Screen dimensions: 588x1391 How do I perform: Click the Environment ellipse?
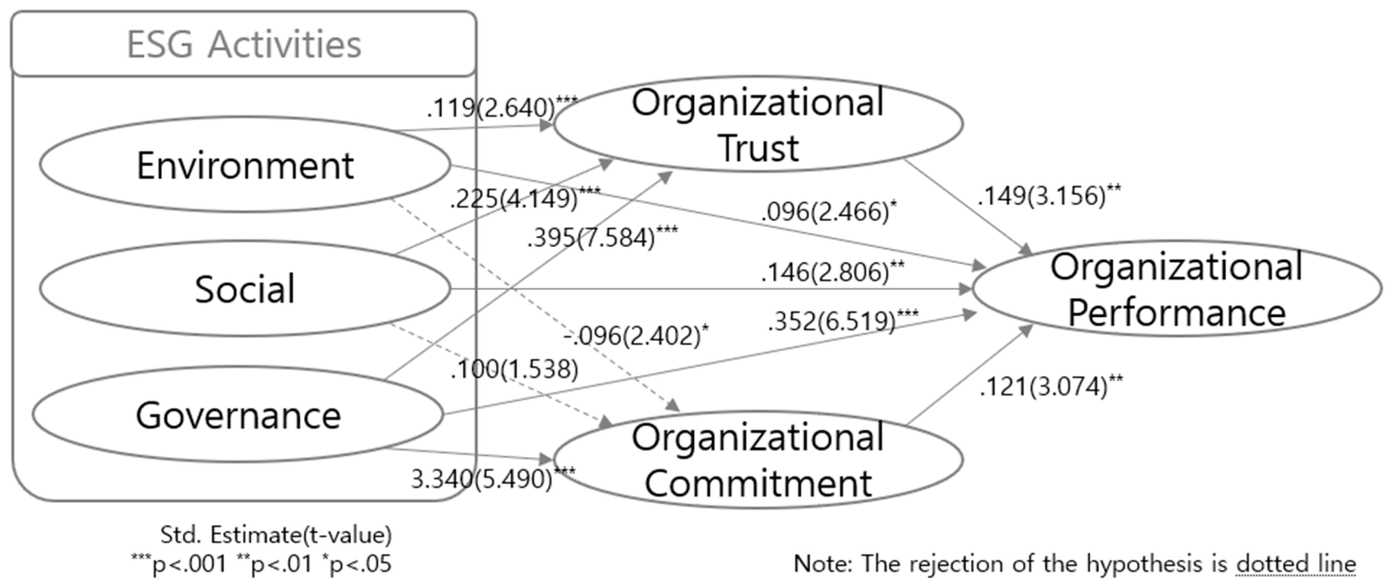[x=245, y=165]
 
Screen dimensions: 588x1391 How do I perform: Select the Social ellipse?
[x=245, y=289]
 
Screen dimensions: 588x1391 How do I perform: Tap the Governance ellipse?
[x=238, y=415]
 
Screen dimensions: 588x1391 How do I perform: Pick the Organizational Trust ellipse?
[x=758, y=125]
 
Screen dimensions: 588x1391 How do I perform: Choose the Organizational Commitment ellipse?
[x=758, y=460]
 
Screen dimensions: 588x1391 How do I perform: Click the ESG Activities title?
[x=244, y=44]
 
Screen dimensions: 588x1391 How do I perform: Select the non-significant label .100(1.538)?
[x=515, y=369]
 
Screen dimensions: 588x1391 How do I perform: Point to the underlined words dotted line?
[x=1296, y=564]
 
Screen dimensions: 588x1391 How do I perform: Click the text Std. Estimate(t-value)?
[x=276, y=535]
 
